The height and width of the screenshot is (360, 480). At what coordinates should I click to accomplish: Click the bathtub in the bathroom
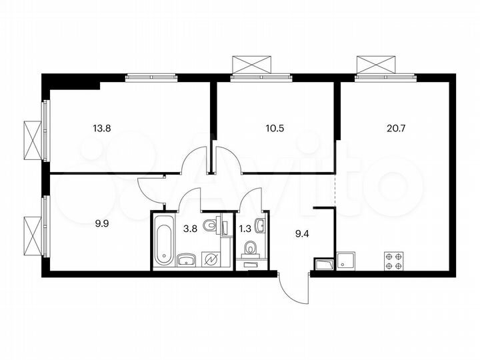click(163, 241)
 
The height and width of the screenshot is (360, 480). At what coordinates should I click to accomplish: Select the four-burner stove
click(393, 261)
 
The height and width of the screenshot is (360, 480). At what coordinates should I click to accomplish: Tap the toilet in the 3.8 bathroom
click(211, 225)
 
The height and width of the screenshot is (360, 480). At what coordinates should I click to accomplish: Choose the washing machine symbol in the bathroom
click(211, 259)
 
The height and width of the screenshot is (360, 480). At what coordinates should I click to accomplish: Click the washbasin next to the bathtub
click(186, 259)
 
